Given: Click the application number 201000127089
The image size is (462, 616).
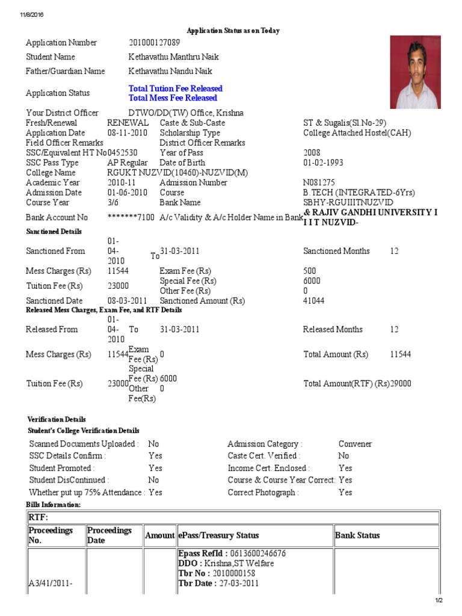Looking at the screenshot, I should coord(154,43).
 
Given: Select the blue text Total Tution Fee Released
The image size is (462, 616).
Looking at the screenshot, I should coord(175,88).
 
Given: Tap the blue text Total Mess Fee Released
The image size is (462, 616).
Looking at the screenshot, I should coord(173,98).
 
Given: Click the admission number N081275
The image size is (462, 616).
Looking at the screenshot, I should coord(319,183).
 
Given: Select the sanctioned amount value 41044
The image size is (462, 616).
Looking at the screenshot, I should coord(314,301).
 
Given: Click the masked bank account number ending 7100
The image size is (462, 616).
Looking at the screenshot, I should coord(131,217).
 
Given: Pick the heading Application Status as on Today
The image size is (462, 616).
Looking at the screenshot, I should coord(233,31).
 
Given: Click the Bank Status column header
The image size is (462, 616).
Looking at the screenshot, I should coord(357,535).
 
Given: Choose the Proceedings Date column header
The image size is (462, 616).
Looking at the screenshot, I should coord(109,535).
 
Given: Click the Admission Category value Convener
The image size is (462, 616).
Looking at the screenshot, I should coord(355,444).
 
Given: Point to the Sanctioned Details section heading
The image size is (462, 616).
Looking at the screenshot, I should coord(54,232).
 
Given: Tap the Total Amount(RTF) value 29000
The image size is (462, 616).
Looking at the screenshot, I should coord(401,384).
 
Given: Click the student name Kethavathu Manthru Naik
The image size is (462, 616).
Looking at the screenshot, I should coord(174,57).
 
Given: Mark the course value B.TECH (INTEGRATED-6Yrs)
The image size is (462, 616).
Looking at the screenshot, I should coord(359,193).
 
